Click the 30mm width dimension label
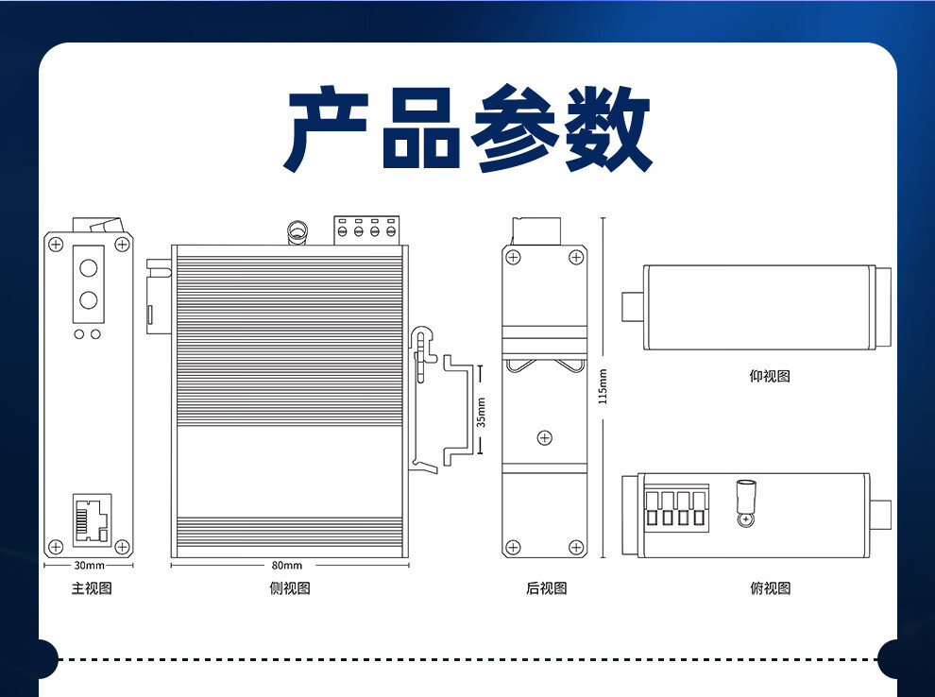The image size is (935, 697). click(89, 565)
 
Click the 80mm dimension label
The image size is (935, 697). click(287, 565)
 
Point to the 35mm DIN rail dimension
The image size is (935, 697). click(482, 412)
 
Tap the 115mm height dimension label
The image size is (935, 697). click(603, 386)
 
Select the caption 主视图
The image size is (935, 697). click(92, 587)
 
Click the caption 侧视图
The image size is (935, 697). click(290, 587)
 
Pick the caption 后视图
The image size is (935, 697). click(546, 587)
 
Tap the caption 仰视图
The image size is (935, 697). click(770, 376)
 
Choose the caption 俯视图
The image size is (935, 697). click(771, 587)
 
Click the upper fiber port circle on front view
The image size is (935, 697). click(88, 267)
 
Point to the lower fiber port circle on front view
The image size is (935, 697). click(88, 299)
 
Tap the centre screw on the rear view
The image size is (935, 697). click(544, 437)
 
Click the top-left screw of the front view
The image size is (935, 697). click(56, 244)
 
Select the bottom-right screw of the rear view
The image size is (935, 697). click(576, 547)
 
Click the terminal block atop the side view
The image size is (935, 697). click(366, 230)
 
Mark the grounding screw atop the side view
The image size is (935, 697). click(297, 232)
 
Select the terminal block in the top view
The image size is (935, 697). click(676, 508)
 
